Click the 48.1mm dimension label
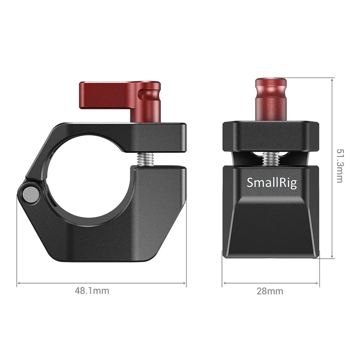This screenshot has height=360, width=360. coord(92,291)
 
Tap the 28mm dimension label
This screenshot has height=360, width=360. coord(270,291)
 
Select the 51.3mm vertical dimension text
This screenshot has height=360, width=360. coord(340,166)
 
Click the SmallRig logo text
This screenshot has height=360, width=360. coord(272,183)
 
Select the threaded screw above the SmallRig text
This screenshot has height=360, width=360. coord(270,159)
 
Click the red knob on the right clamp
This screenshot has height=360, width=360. coord(271,99)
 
